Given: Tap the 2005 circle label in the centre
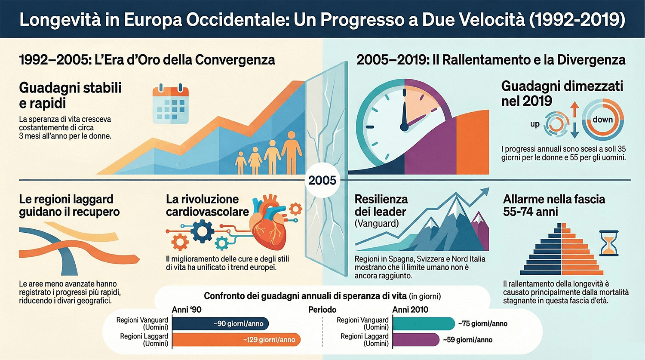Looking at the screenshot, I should pyautogui.click(x=322, y=180).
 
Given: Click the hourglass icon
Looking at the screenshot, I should pyautogui.click(x=609, y=243).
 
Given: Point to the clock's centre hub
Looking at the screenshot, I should pyautogui.click(x=404, y=126).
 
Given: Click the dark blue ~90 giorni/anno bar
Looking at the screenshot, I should pyautogui.click(x=221, y=324).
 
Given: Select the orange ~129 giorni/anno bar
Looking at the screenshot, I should pyautogui.click(x=236, y=340).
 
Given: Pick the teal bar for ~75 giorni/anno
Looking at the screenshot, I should pyautogui.click(x=424, y=324).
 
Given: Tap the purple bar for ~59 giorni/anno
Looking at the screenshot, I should pyautogui.click(x=416, y=340).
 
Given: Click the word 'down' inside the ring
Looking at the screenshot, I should pyautogui.click(x=602, y=120).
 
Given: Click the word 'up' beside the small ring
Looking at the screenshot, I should pyautogui.click(x=534, y=124).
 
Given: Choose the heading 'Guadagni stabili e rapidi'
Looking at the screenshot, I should pyautogui.click(x=70, y=95).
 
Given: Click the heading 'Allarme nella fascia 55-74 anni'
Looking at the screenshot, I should pyautogui.click(x=554, y=205).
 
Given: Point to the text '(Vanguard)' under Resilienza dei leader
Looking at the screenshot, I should pyautogui.click(x=377, y=224).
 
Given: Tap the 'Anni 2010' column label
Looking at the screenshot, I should pyautogui.click(x=410, y=310).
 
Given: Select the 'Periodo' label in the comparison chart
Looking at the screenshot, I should pyautogui.click(x=322, y=310).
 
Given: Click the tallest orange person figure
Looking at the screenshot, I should pyautogui.click(x=292, y=152).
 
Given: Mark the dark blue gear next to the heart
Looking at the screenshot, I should pyautogui.click(x=203, y=231).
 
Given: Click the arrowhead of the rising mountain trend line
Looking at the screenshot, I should pyautogui.click(x=485, y=191).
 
